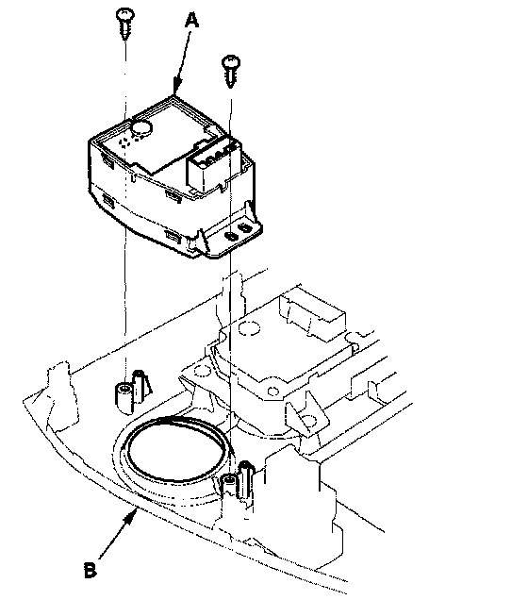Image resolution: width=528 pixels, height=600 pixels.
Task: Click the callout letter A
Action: [x=191, y=20]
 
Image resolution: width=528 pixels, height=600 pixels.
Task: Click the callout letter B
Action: [x=91, y=570]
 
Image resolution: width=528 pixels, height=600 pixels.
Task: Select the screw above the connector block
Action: [x=231, y=71]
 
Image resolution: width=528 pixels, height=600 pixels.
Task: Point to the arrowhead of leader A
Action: [x=176, y=85]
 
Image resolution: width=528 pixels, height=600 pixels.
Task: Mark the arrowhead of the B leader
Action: [x=131, y=516]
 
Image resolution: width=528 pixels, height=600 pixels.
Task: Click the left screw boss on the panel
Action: [x=124, y=398]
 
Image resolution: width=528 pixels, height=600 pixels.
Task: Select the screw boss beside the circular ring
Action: [x=229, y=487]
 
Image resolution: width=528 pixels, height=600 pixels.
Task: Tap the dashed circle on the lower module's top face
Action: [x=249, y=328]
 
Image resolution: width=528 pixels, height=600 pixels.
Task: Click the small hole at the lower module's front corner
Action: [x=273, y=392]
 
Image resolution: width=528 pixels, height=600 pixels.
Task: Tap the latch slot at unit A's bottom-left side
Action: [x=108, y=200]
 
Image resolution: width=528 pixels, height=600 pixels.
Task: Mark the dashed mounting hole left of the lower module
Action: [x=202, y=371]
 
